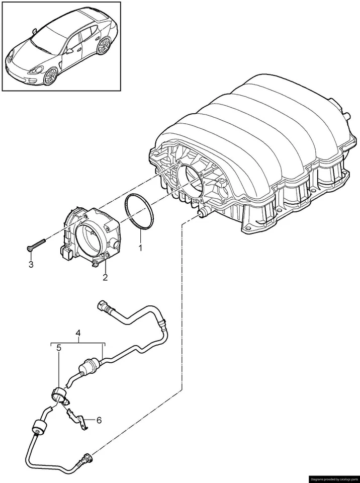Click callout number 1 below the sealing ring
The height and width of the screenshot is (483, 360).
(x=141, y=248)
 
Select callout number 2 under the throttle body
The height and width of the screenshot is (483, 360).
(x=106, y=277)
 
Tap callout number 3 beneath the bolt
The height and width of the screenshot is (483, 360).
(x=31, y=264)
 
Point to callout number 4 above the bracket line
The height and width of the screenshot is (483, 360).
(x=78, y=333)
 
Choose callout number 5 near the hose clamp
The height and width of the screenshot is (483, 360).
(x=59, y=348)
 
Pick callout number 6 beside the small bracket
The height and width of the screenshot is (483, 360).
(x=99, y=419)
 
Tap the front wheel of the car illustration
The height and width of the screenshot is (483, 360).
(x=50, y=76)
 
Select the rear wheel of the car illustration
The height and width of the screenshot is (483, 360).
(x=104, y=46)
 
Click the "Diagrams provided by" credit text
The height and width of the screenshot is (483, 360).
(x=333, y=478)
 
